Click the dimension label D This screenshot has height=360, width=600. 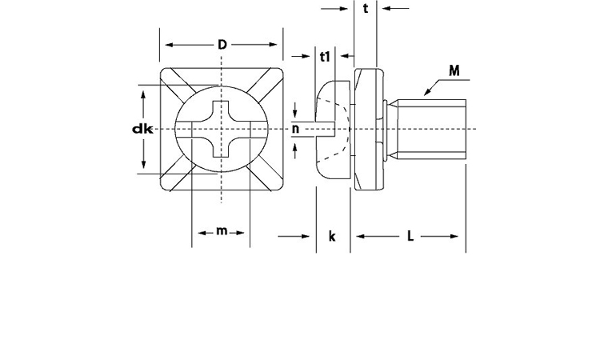pos(222,44)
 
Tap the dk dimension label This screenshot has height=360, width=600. pos(142,128)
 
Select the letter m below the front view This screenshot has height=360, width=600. pos(222,231)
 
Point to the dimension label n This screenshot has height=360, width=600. pos(295,128)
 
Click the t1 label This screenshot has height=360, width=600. pos(326,57)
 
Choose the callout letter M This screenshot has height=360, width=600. pos(454,70)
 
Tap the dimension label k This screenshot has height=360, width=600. pos(332,237)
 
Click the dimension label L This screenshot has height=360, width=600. pos(410,236)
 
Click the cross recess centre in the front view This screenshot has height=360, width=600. pos(222,129)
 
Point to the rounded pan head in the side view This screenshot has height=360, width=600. pos(330,128)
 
